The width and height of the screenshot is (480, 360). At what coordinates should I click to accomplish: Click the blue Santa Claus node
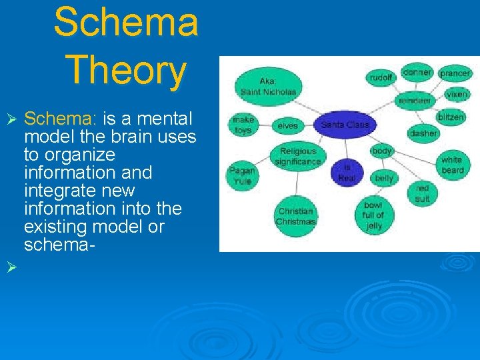[345, 125]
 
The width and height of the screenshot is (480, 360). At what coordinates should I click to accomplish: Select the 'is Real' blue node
[347, 172]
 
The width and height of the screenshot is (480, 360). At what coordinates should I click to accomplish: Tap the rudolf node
[380, 78]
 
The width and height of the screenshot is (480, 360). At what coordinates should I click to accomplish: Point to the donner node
[418, 72]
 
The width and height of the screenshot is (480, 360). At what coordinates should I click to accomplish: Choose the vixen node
[457, 95]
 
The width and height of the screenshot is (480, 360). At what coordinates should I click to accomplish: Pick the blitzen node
[451, 117]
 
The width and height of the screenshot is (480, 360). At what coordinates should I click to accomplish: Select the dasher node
[423, 133]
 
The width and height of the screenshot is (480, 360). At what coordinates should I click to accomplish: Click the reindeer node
[414, 100]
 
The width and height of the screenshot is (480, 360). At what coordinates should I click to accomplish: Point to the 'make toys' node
[243, 125]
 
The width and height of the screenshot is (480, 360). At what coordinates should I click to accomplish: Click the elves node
[287, 125]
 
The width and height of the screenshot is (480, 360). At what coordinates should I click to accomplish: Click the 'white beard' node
[451, 165]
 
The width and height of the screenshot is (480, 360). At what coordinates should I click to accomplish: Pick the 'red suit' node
[422, 193]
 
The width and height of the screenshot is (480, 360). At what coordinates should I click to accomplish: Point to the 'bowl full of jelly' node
[373, 215]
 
